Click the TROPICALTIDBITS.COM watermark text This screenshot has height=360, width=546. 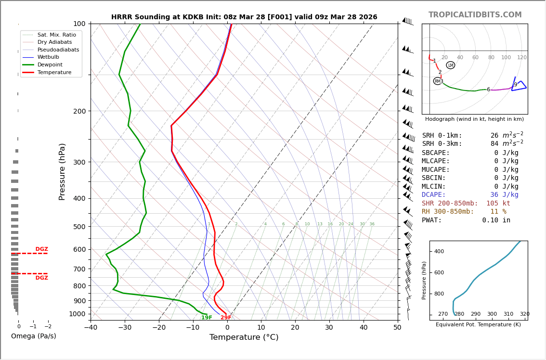pos(475,15)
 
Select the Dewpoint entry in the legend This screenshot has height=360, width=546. pos(50,64)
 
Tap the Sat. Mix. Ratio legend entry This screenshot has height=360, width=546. pos(56,35)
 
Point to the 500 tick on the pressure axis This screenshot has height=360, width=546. pos(79,227)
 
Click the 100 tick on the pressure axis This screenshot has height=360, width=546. pos(79,24)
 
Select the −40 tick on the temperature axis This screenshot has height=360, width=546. pos(91,328)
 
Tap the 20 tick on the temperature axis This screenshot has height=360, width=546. pos(295,328)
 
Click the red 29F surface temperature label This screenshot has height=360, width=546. pos(226,318)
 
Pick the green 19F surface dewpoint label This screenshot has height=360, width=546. pos(207,318)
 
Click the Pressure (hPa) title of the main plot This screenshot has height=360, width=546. pos(62,171)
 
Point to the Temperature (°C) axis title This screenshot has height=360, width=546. pos(244,337)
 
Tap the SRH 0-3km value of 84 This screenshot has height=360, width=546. pos(495,144)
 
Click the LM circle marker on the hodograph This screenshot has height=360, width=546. pos(450,65)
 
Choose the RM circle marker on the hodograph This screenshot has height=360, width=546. pos(438,81)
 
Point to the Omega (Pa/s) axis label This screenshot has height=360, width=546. pos(33,336)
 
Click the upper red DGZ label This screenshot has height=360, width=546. pos(41,249)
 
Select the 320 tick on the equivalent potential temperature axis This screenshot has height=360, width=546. pos(524,314)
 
